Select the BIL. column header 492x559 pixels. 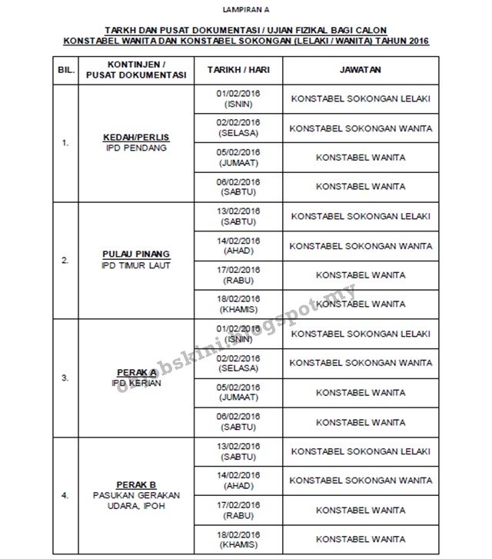65,69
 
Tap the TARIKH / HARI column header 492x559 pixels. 239,69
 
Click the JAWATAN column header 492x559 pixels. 361,69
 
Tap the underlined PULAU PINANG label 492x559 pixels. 136,255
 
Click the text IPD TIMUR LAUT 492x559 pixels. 136,265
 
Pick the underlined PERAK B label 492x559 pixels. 136,485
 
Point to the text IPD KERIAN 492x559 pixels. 136,383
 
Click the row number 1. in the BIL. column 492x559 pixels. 65,142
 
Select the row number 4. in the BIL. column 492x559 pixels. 65,496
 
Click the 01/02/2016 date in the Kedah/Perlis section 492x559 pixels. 239,94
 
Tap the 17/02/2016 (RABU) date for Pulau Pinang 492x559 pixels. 239,275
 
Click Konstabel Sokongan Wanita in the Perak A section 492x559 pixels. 361,363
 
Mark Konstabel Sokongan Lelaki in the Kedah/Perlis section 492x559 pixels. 361,98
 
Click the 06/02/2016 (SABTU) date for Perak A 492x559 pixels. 239,421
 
